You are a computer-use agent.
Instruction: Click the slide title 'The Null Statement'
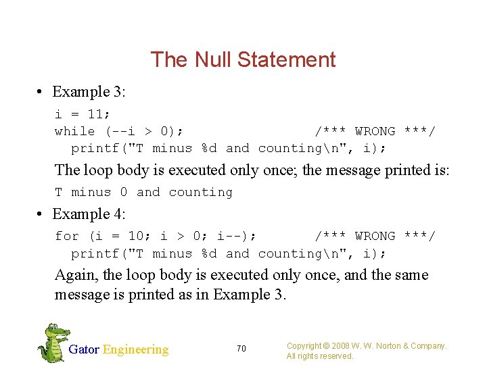243,59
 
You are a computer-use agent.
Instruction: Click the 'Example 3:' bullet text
90,92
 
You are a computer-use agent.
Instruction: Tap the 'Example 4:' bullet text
90,214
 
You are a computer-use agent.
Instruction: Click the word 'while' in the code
75,131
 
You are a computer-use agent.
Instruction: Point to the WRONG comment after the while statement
375,131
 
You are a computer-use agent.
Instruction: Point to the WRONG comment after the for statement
375,236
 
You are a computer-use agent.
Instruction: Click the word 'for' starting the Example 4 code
67,236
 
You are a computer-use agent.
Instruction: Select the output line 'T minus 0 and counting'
143,192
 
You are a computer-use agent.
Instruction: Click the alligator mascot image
53,343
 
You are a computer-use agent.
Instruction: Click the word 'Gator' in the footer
84,349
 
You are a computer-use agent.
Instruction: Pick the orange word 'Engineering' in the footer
135,349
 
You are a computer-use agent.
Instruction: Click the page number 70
241,349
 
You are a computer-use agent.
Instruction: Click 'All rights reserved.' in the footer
320,356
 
